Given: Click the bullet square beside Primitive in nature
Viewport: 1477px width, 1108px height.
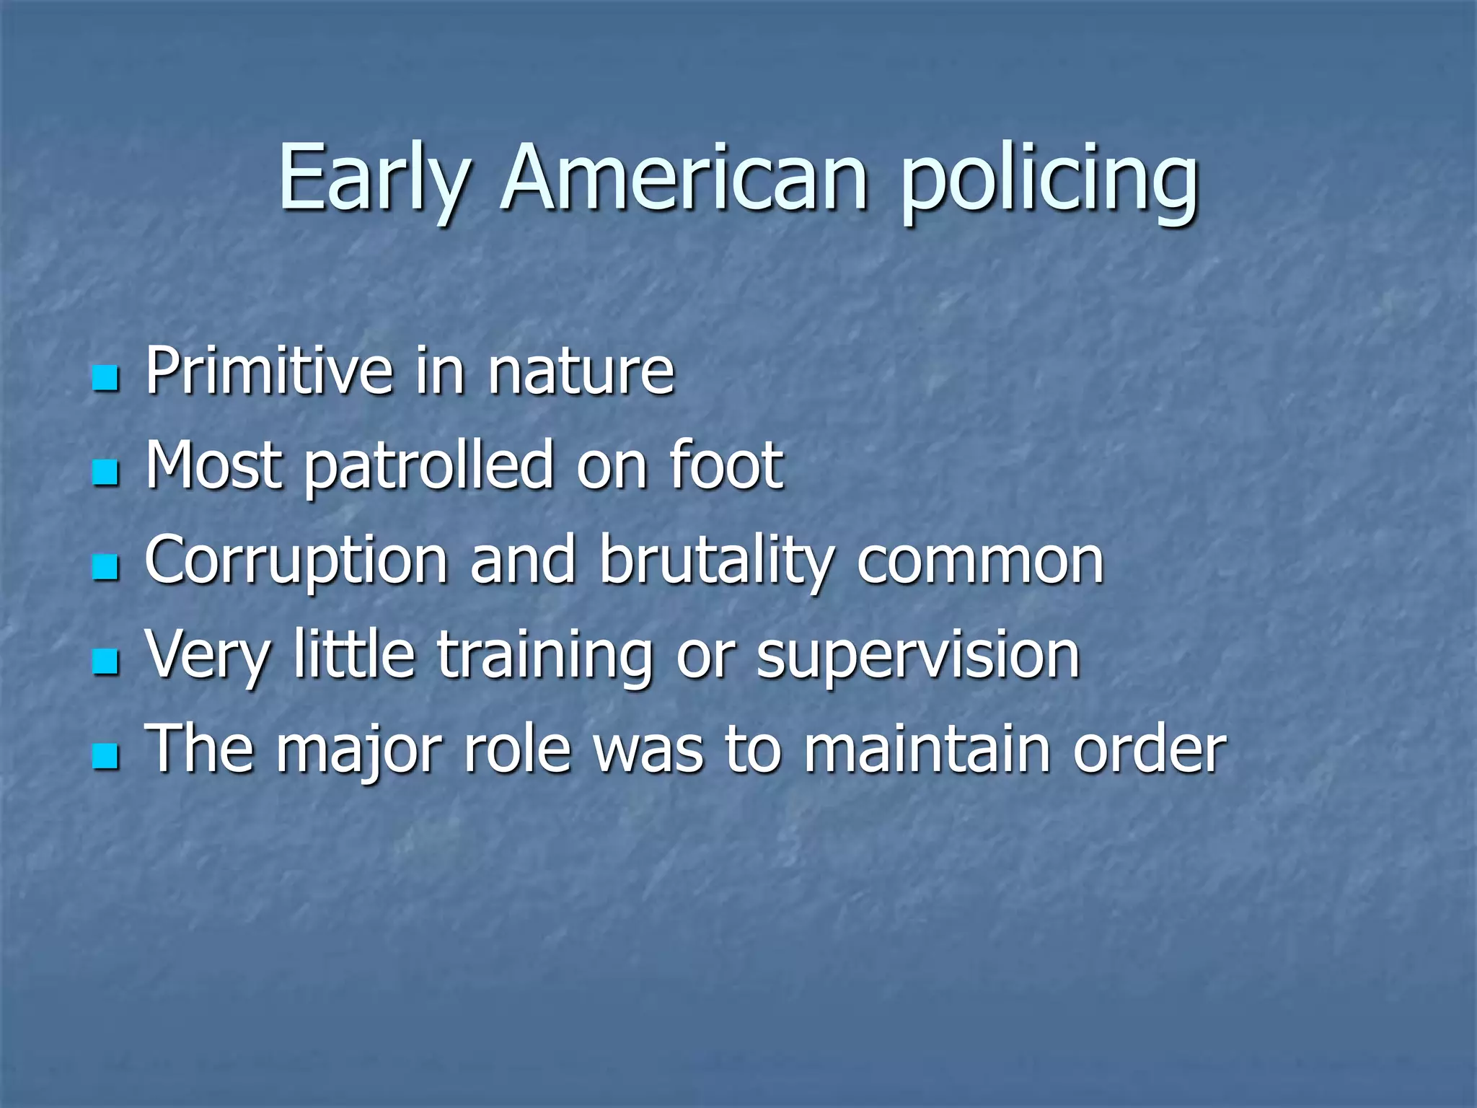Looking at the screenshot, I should tap(105, 377).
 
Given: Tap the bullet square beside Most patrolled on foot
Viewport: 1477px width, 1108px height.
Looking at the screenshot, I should tap(105, 472).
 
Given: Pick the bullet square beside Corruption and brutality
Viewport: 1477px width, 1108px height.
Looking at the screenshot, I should tap(105, 567).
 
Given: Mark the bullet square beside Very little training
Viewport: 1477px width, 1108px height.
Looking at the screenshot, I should tap(105, 661).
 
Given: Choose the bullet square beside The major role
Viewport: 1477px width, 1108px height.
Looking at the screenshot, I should tap(105, 757).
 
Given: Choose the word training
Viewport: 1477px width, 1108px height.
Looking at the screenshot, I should tap(544, 656).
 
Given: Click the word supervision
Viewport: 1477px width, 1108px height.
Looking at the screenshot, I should tap(917, 656).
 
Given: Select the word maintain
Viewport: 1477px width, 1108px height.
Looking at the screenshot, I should tap(927, 750).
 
